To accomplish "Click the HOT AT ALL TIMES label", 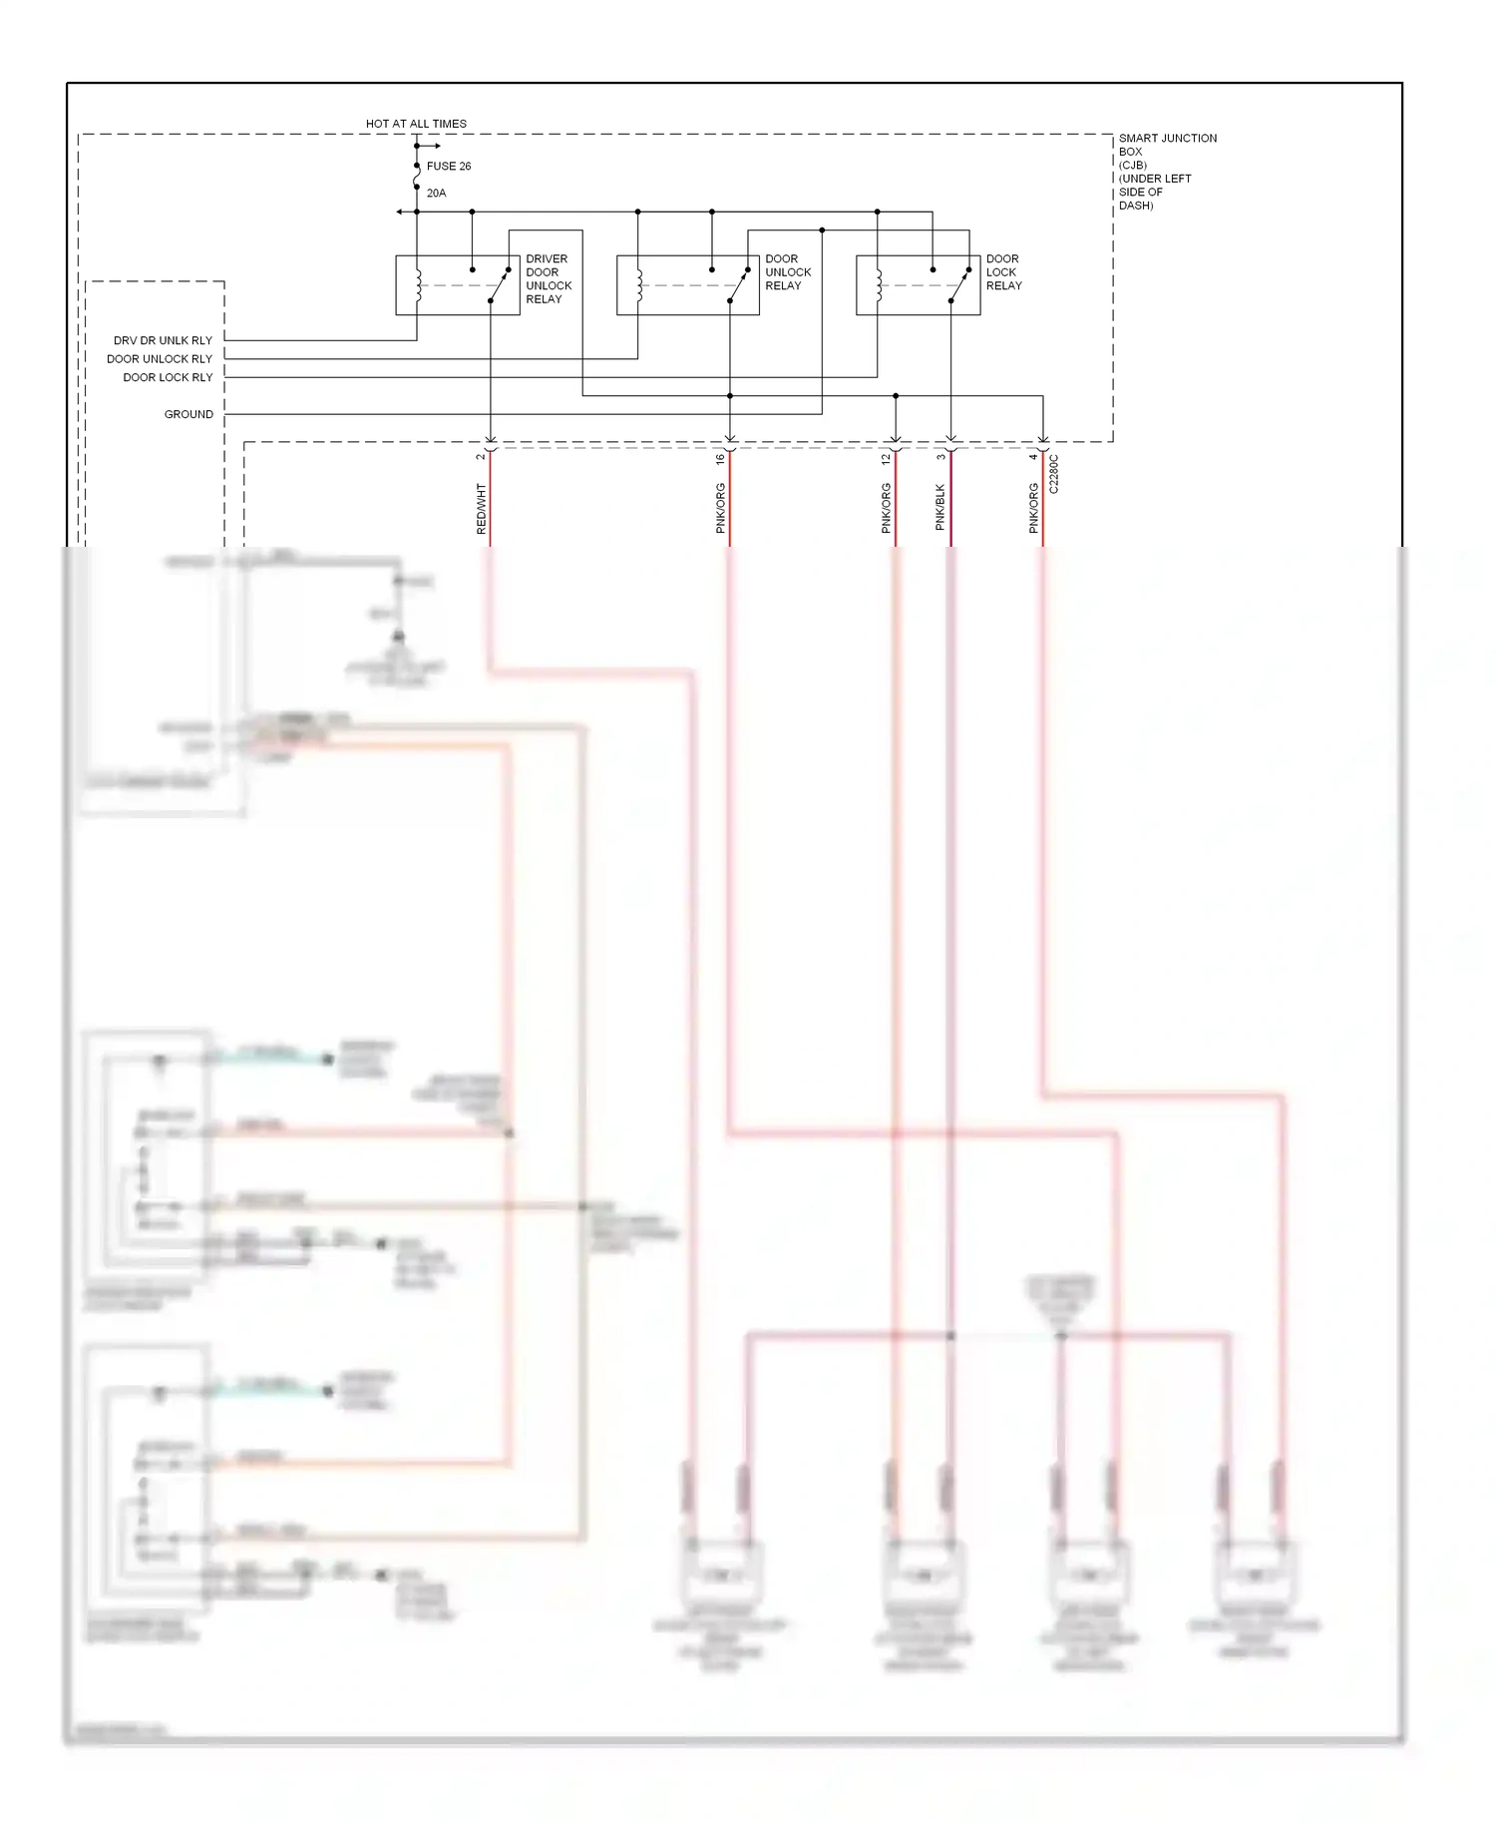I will (x=416, y=124).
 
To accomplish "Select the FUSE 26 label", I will (x=449, y=167).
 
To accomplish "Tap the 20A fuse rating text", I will (x=437, y=194).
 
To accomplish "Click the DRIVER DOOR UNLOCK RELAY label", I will (x=548, y=278).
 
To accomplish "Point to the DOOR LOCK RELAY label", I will (x=1003, y=272).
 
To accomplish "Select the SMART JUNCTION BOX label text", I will (x=1166, y=172).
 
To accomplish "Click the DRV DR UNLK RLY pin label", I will (x=163, y=340).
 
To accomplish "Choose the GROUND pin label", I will (x=188, y=414).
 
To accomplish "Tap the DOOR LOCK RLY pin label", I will (x=168, y=377).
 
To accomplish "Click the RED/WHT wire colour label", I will (x=481, y=509).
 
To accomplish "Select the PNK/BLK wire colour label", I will (x=939, y=507).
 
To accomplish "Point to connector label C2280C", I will (x=1054, y=474).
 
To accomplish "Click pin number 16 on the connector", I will (x=720, y=459).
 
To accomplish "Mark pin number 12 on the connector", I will (x=886, y=459).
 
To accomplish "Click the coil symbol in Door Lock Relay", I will (x=878, y=284).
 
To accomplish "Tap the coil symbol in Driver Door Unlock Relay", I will (x=417, y=284).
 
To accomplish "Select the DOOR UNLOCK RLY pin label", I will (x=160, y=359).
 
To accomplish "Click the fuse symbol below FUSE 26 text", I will (x=416, y=180).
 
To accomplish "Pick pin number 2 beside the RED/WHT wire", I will (x=481, y=456).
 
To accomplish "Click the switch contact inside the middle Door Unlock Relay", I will (x=738, y=284).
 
